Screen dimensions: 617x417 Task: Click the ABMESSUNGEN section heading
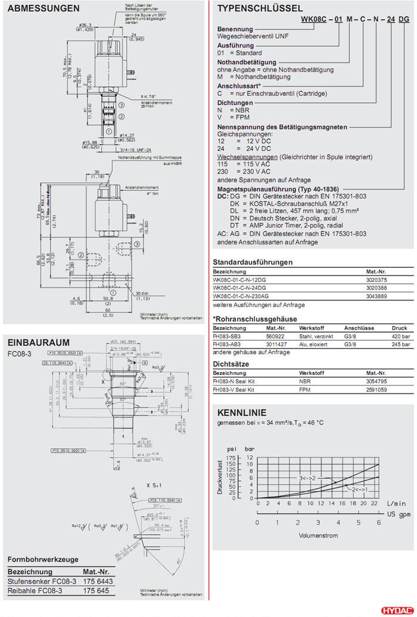pyautogui.click(x=43, y=8)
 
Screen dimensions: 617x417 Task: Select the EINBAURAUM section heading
pyautogui.click(x=38, y=342)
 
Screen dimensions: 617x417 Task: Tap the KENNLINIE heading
pyautogui.click(x=242, y=413)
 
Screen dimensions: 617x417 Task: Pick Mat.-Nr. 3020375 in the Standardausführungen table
pyautogui.click(x=376, y=280)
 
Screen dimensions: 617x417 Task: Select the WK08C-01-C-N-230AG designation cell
pyautogui.click(x=241, y=296)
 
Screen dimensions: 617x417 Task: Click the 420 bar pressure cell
pyautogui.click(x=400, y=336)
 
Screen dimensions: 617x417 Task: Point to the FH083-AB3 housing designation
pyautogui.click(x=226, y=344)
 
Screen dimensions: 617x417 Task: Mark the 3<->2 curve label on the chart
pyautogui.click(x=307, y=478)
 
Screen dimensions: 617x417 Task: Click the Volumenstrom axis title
pyautogui.click(x=319, y=535)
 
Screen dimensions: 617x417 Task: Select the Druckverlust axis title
pyautogui.click(x=220, y=477)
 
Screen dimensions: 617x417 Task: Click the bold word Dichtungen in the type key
pyautogui.click(x=234, y=103)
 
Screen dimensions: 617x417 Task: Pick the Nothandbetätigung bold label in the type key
pyautogui.click(x=247, y=62)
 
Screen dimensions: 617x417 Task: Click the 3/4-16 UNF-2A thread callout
pyautogui.click(x=135, y=149)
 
